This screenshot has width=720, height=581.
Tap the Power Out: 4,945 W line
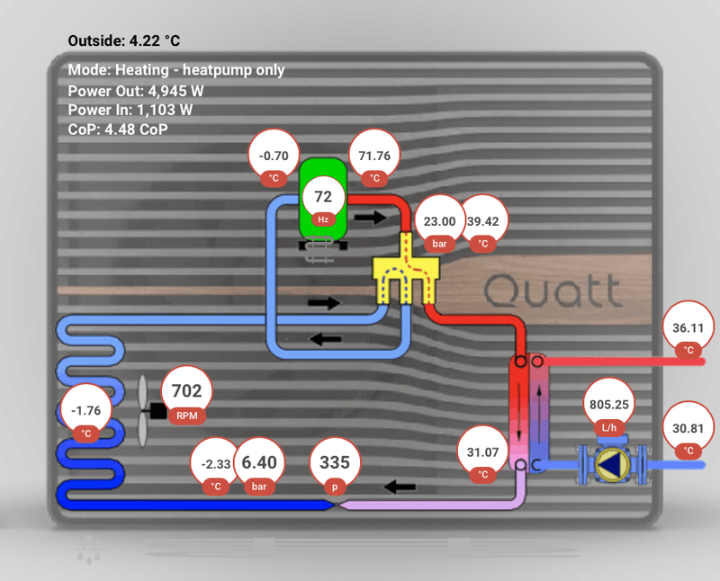click(136, 90)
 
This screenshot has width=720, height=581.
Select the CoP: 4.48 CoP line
click(118, 130)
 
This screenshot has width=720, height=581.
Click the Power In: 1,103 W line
click(130, 110)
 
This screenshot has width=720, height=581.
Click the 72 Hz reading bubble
click(323, 201)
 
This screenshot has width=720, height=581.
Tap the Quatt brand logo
click(552, 290)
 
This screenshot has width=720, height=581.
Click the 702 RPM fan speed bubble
click(186, 395)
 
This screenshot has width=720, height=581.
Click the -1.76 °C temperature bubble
click(86, 416)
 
